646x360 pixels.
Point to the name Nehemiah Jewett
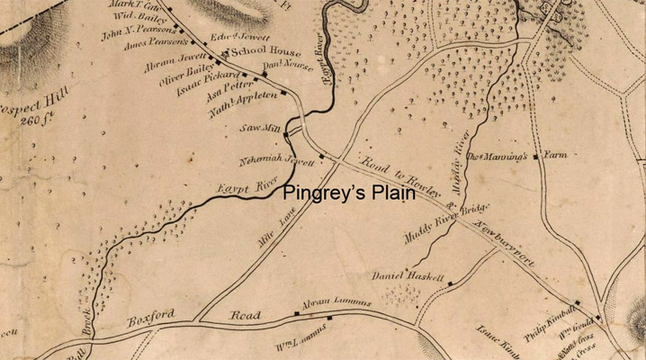click(275, 162)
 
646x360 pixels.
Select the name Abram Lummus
click(336, 303)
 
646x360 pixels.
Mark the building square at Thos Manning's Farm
click(535, 157)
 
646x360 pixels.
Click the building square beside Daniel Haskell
click(450, 283)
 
